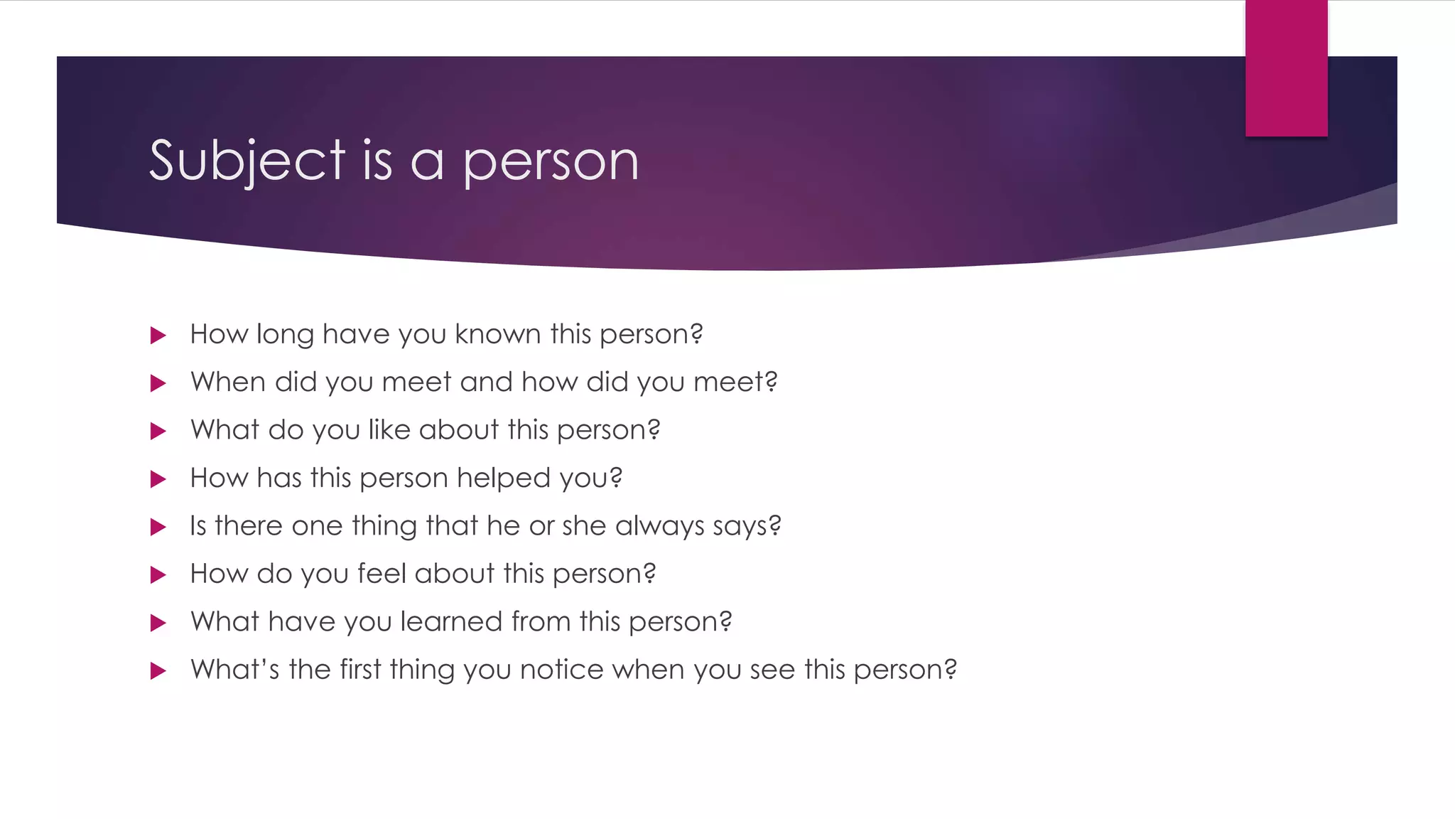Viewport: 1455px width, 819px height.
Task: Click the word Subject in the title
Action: [x=247, y=161]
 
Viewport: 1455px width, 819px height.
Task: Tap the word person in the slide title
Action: [x=551, y=162]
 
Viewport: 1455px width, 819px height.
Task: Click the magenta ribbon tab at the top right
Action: [x=1286, y=68]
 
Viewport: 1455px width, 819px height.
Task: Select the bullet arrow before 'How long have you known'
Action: [x=158, y=336]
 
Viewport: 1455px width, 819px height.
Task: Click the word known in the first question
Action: [x=498, y=334]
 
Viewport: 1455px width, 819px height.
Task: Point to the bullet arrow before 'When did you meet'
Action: [x=158, y=384]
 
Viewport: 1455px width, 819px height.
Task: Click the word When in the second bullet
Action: [x=227, y=382]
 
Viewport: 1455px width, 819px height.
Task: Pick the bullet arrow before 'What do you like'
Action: [x=158, y=432]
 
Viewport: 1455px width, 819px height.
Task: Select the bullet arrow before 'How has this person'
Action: [x=158, y=479]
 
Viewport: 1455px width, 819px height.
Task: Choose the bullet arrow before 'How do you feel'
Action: [x=158, y=575]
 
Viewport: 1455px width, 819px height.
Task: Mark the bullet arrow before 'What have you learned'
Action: [x=158, y=623]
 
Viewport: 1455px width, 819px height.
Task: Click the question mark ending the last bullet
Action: [x=950, y=670]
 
